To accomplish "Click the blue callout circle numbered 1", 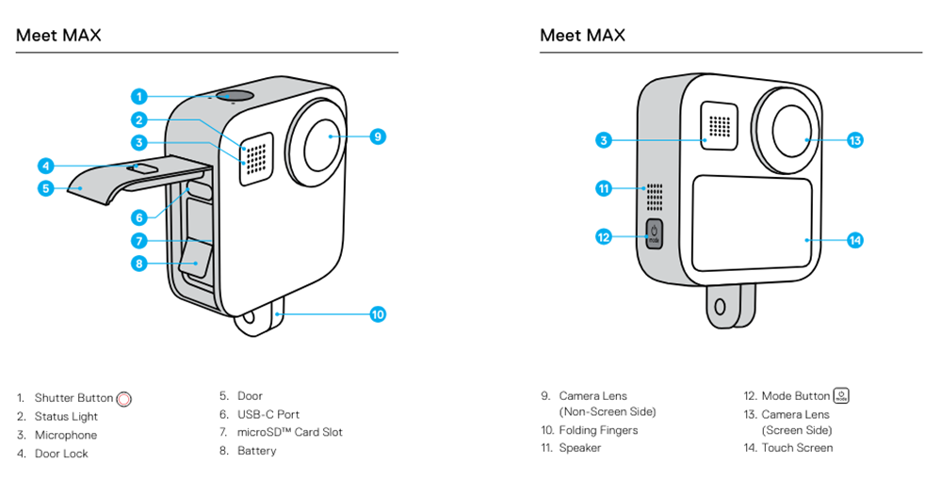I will pyautogui.click(x=138, y=96).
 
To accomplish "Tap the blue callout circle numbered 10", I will pyautogui.click(x=378, y=314).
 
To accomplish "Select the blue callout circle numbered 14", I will pyautogui.click(x=854, y=240).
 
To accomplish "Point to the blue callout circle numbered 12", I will pyautogui.click(x=604, y=236).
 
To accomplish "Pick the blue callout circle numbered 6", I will pyautogui.click(x=138, y=216).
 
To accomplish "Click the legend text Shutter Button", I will pyautogui.click(x=73, y=398).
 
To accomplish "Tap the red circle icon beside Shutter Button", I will pyautogui.click(x=123, y=399).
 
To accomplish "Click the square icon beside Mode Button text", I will pyautogui.click(x=841, y=396).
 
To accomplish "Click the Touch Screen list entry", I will pyautogui.click(x=797, y=448).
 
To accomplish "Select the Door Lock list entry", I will pyautogui.click(x=61, y=454).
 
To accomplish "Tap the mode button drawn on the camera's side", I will pyautogui.click(x=655, y=232).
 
